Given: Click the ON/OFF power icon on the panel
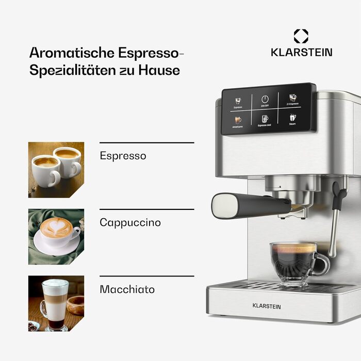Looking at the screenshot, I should coord(265,99).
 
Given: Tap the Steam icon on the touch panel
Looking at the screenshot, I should coord(292,117).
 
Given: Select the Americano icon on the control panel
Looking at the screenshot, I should coord(238,120).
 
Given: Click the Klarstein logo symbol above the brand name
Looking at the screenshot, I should coord(301,36).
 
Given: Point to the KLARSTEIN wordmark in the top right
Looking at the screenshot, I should coord(302,52).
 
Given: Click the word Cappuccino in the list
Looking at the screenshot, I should coord(130,223).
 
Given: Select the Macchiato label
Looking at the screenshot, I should coord(127,289).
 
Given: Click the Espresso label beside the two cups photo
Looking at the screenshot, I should coord(123,156).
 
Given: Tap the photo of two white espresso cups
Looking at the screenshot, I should coord(56,170).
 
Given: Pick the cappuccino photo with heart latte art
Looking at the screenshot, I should coord(56,236).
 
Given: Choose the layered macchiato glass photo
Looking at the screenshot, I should coord(56,303).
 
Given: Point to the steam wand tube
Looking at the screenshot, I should coord(336,227).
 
